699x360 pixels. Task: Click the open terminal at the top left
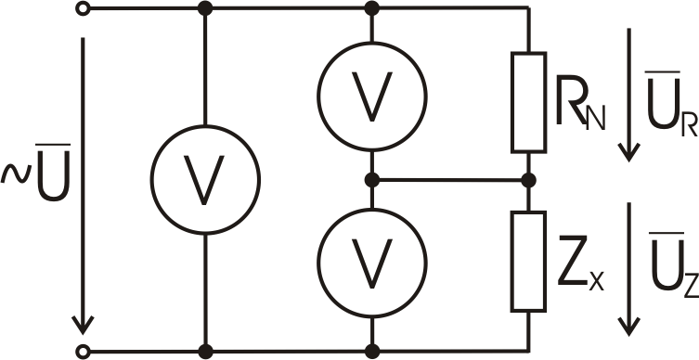pos(86,9)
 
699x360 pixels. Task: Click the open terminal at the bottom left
pos(86,351)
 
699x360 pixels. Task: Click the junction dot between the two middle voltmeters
pos(371,179)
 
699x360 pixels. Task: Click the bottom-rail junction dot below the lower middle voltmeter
pos(371,351)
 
